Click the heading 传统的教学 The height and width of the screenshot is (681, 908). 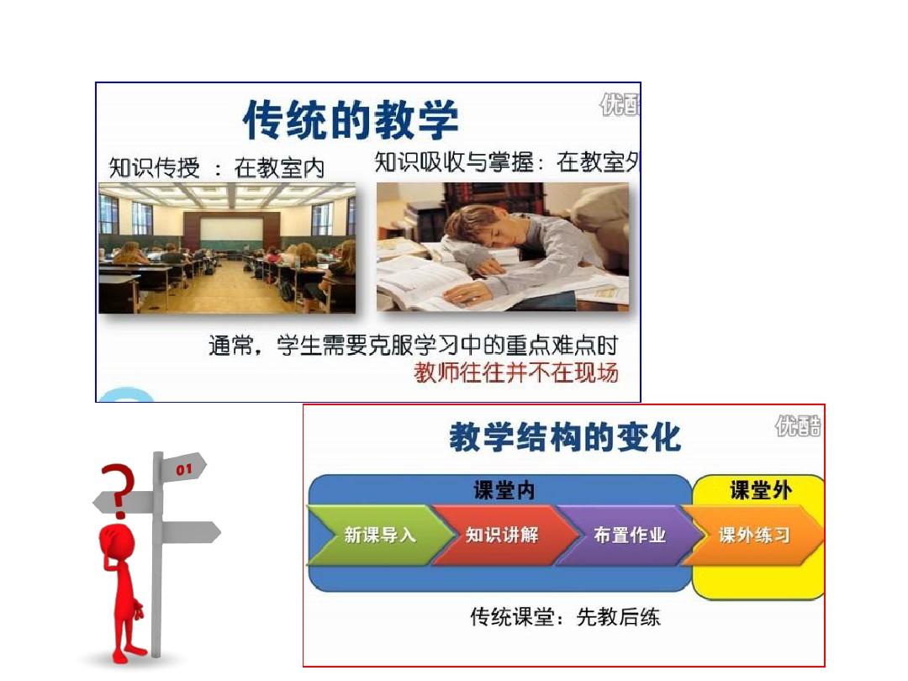coord(351,120)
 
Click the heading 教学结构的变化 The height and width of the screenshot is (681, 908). coord(565,437)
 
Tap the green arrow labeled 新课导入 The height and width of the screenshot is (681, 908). coord(379,535)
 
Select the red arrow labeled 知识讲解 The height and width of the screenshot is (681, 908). coord(503,535)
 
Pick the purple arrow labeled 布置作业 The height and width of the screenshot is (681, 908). coord(628,535)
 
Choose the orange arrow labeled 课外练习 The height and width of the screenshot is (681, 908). coord(752,535)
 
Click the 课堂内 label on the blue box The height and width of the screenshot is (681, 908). coord(504,490)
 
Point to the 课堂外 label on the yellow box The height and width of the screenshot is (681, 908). coord(760,490)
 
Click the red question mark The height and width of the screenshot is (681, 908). coord(119,490)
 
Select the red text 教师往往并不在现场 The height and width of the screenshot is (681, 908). coord(516,373)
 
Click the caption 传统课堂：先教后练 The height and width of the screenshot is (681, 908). coord(565,617)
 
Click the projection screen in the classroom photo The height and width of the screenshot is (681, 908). coord(230,229)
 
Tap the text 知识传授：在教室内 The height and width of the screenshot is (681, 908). coord(217,168)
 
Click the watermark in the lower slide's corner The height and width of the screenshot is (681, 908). coord(798,427)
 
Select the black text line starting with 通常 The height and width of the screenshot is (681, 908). coord(413,346)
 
